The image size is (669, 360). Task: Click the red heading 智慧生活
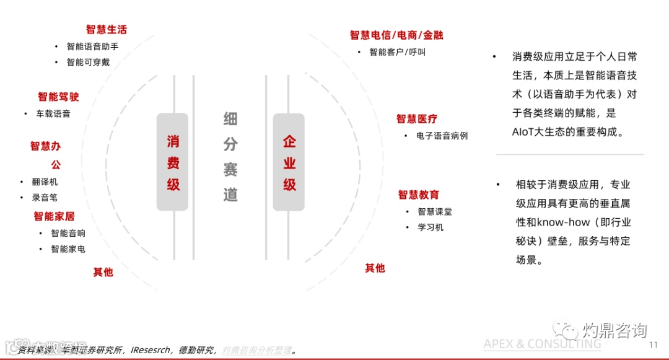[x=107, y=30]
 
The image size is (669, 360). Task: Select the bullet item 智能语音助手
[x=92, y=46]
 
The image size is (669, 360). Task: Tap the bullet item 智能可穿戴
[x=88, y=62]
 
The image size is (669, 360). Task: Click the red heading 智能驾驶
[x=58, y=97]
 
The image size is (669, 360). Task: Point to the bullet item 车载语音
[x=53, y=113]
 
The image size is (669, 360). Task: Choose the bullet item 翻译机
[x=45, y=182]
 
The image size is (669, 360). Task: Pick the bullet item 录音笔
[x=45, y=198]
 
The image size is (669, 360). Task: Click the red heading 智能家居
[x=54, y=216]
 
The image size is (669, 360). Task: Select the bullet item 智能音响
[x=68, y=233]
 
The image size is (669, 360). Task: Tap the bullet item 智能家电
[x=68, y=249]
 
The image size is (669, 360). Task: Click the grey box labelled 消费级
[x=173, y=162]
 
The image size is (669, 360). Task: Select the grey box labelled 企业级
[x=289, y=162]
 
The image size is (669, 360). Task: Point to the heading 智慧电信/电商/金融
[x=396, y=35]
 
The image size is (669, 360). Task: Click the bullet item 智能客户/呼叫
[x=397, y=52]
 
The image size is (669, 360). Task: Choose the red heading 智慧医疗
[x=417, y=119]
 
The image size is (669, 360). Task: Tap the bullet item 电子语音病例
[x=442, y=135]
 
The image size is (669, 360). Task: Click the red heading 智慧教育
[x=419, y=195]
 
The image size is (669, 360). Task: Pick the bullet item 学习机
[x=431, y=227]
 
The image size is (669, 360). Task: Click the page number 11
[x=653, y=345]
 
